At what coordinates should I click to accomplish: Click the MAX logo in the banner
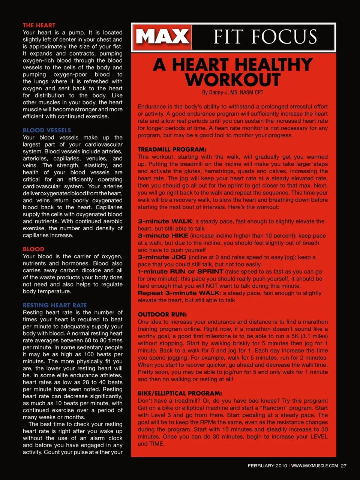coord(162,37)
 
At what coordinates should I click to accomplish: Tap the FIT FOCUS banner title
coord(265,37)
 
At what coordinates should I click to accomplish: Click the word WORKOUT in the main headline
coord(232,79)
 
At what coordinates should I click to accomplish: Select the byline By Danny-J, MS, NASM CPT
coord(232,92)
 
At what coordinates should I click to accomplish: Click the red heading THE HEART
coord(39,25)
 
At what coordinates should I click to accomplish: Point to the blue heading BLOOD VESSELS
coord(47,130)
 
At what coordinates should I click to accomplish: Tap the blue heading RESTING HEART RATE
coord(55,305)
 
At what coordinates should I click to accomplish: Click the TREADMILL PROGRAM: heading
coord(172,149)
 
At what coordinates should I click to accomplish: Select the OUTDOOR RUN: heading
coord(162,314)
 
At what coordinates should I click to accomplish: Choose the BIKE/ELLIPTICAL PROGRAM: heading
coord(180,393)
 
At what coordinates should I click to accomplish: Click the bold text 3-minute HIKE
coord(163,235)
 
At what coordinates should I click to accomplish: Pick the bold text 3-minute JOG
coord(162,257)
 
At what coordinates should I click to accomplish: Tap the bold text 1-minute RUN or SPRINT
coord(180,271)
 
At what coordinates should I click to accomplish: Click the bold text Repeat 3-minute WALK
coord(178,293)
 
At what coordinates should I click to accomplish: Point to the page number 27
coord(343,466)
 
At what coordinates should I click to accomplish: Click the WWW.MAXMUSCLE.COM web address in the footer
coord(314,466)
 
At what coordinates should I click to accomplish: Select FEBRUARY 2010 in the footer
coord(267,466)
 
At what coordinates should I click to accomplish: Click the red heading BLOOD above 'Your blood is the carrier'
coord(33,249)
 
